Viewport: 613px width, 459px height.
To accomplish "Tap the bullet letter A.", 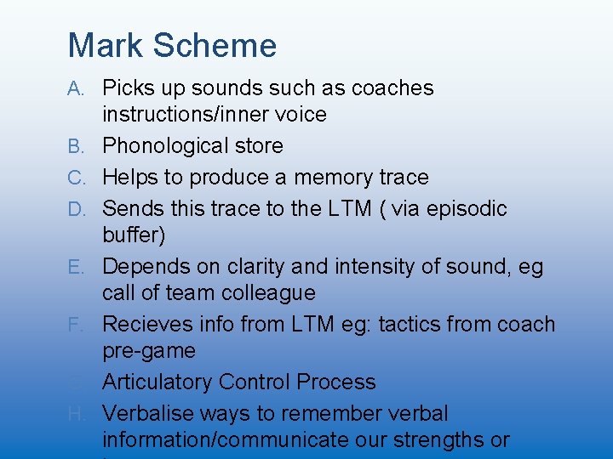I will [76, 88].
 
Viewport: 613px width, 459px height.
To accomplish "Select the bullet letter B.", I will [76, 146].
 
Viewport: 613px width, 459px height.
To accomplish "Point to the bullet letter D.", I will [76, 209].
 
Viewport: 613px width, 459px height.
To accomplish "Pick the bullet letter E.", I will [76, 267].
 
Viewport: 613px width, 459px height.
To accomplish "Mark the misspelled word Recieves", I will [146, 325].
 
